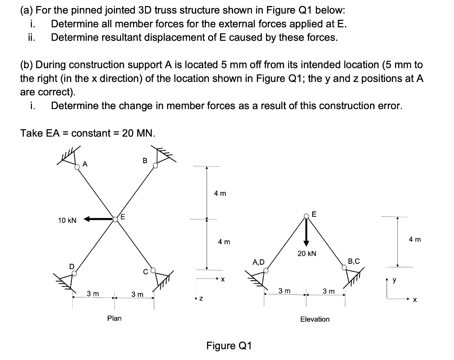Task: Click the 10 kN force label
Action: coord(67,220)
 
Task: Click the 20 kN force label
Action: coord(307,254)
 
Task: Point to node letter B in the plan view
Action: coord(145,160)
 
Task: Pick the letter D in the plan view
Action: coord(71,266)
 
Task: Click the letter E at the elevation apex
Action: coord(314,214)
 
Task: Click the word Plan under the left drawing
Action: coord(114,318)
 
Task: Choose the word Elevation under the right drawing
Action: coord(315,319)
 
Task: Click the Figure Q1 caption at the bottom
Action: coord(229,346)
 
